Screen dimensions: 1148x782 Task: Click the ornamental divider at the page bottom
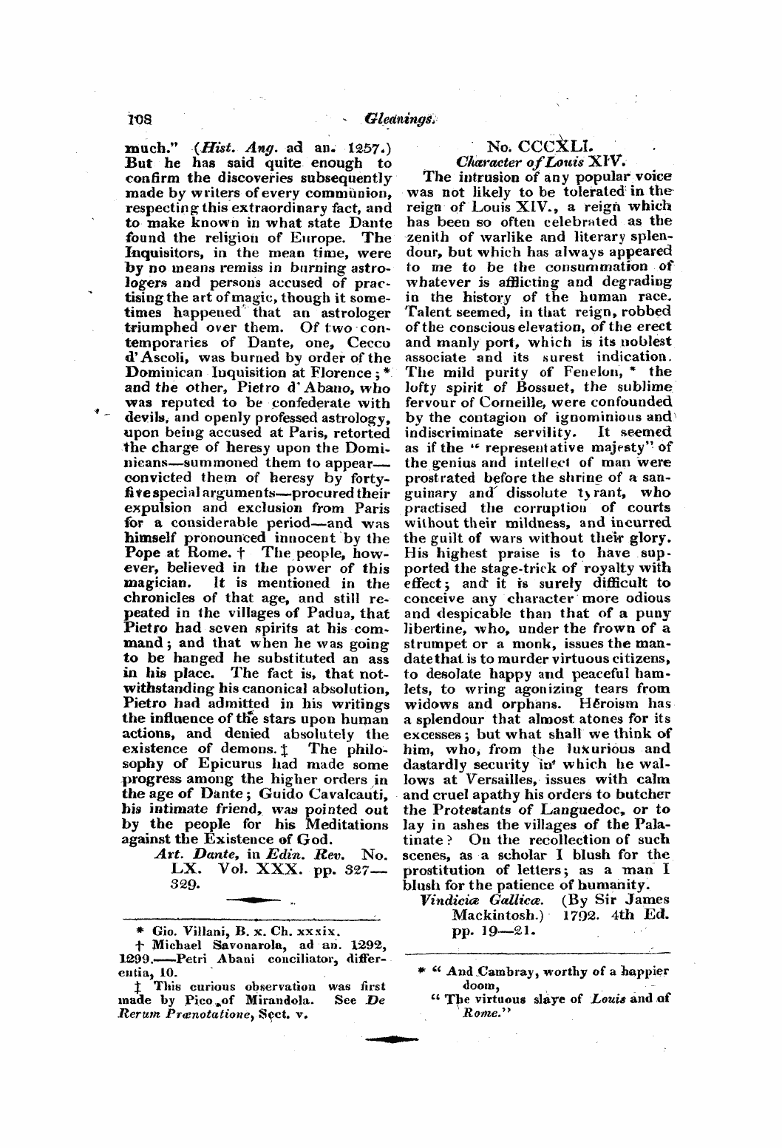[392, 1039]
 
